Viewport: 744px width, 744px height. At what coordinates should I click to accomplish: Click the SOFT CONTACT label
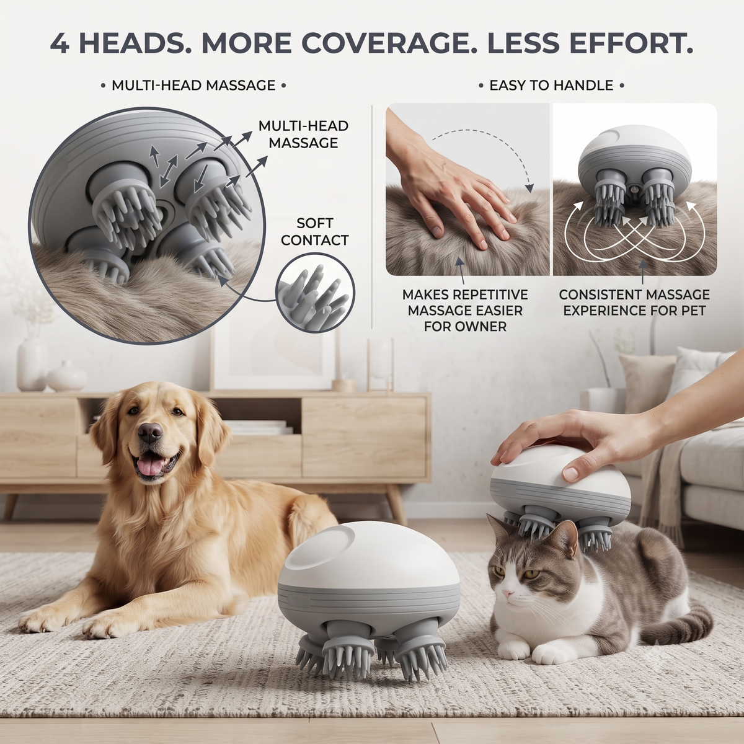pos(315,232)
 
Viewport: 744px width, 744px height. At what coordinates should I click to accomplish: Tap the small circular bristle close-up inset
pos(315,292)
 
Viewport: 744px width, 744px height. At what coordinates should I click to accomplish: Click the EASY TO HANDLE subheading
pos(551,86)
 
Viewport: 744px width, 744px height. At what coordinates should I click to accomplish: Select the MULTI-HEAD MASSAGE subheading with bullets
pos(193,86)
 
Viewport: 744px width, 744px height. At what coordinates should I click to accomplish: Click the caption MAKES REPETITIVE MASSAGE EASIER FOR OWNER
pos(465,311)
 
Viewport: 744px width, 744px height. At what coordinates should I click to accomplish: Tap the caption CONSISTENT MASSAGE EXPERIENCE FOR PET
pos(634,303)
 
